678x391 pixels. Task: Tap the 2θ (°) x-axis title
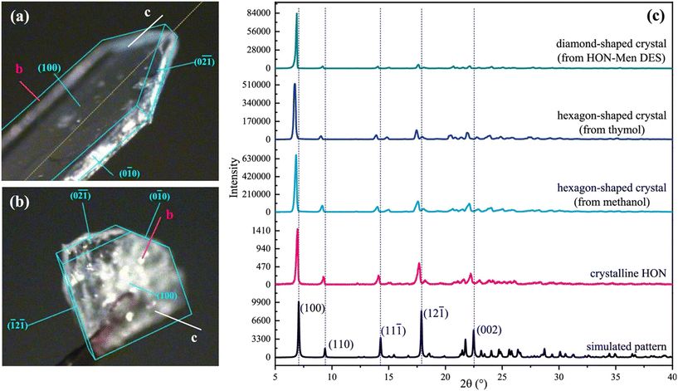473,382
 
